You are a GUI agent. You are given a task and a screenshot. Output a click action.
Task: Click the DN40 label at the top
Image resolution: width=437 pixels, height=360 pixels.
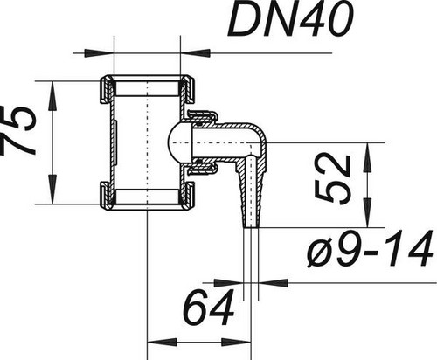tap(291, 18)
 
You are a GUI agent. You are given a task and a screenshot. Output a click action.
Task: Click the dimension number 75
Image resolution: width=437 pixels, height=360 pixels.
tap(18, 130)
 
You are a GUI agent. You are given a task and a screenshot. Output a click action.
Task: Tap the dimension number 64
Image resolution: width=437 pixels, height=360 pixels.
tap(210, 308)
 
